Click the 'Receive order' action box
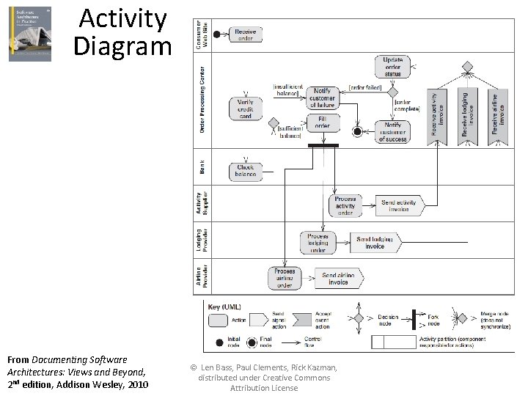point(246,35)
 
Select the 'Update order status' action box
point(393,67)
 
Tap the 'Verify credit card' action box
point(245,109)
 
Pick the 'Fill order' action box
point(323,122)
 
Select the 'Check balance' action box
point(246,171)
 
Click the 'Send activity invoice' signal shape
point(399,206)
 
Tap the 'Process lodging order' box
point(318,242)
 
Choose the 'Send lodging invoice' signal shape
point(375,242)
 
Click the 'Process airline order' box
point(285,278)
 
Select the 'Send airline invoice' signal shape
point(338,279)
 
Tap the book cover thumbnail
point(30,34)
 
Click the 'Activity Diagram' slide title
point(122,32)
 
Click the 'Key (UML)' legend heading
point(224,307)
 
